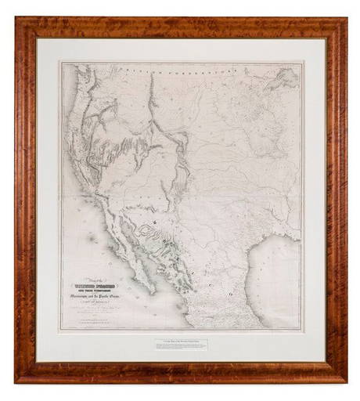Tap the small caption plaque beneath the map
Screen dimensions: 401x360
click(x=180, y=345)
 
